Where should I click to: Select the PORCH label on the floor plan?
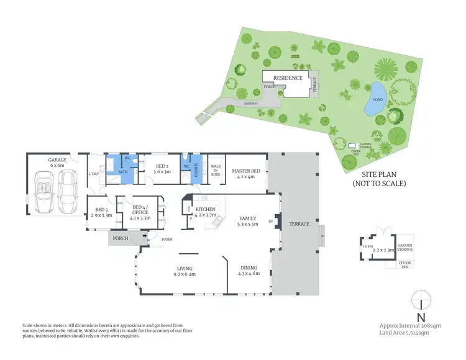click(x=120, y=238)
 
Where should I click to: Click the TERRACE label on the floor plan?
click(x=299, y=223)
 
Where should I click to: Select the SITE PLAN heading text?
click(x=378, y=175)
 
